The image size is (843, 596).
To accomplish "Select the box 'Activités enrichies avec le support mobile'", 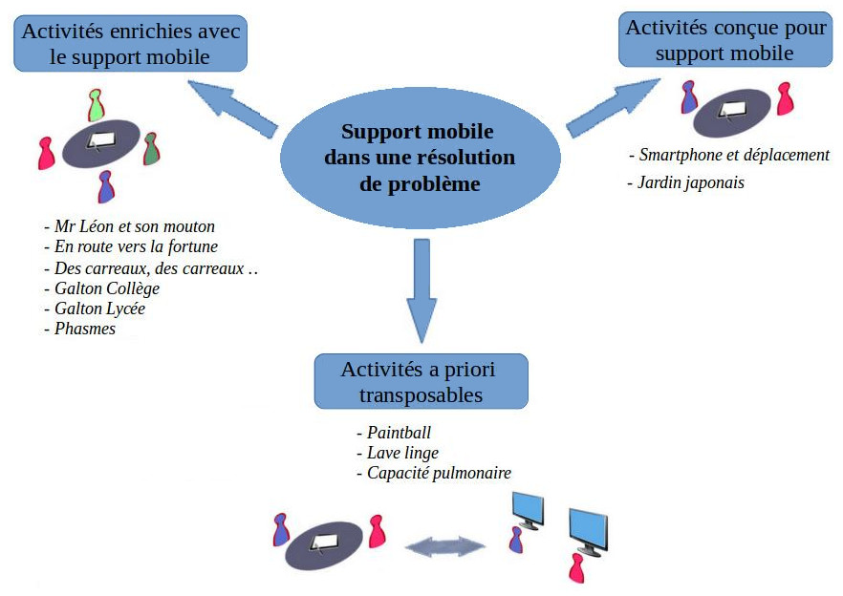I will (130, 44).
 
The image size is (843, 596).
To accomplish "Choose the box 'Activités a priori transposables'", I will (420, 381).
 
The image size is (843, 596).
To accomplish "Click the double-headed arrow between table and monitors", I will (445, 546).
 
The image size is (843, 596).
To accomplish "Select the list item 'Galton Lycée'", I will (98, 309).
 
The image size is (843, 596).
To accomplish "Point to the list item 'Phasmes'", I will (83, 329).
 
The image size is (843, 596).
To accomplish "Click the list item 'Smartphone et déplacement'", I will (732, 155).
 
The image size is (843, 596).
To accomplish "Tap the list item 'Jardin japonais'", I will (689, 182).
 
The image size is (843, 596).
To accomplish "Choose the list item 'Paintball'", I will (399, 432).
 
